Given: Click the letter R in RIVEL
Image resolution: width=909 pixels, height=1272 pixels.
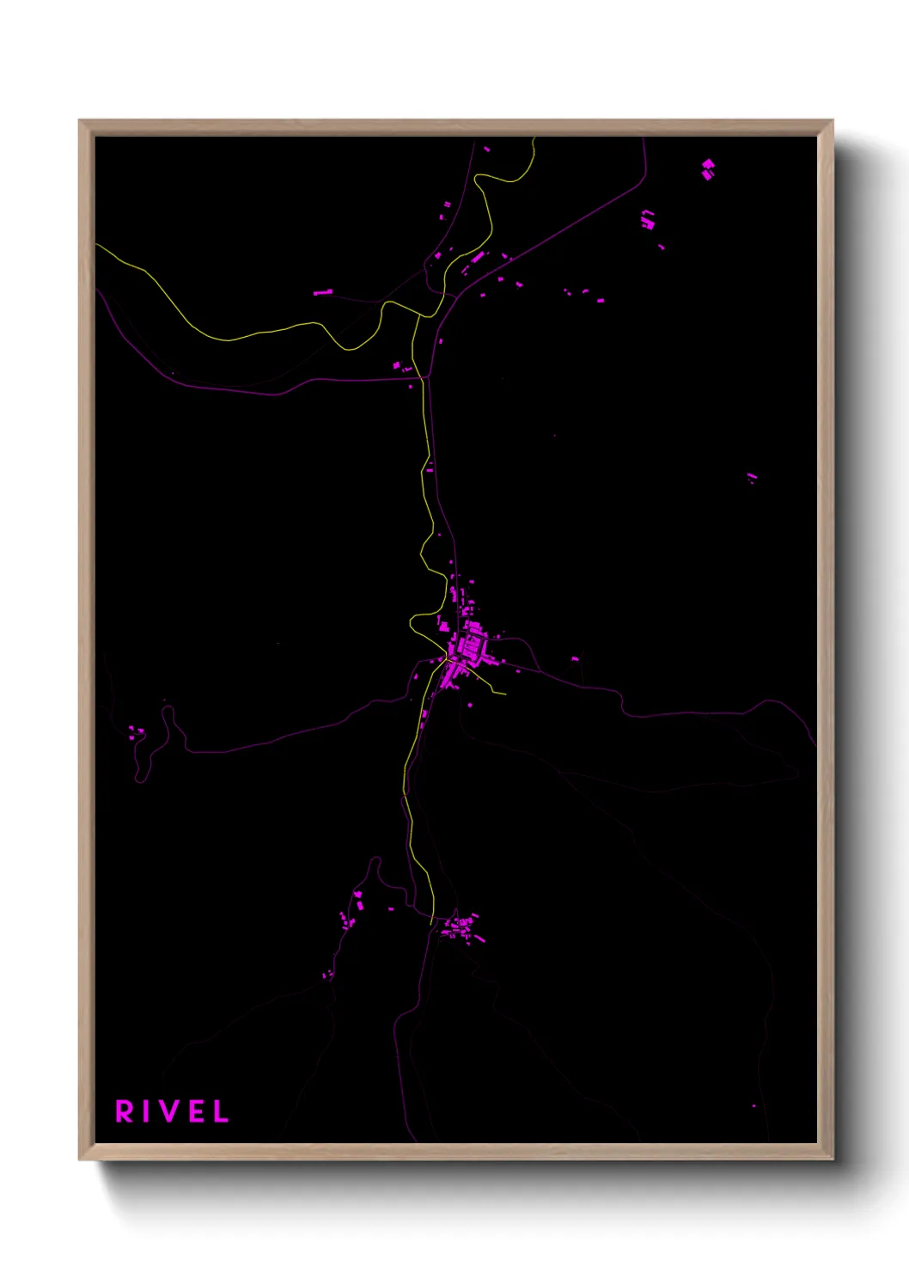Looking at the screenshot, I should pyautogui.click(x=125, y=1111).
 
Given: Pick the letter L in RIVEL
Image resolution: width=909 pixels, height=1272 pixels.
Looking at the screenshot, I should pyautogui.click(x=221, y=1111).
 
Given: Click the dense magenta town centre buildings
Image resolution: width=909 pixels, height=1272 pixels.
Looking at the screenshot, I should pyautogui.click(x=470, y=645).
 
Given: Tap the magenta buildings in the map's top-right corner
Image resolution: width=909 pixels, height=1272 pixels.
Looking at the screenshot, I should pyautogui.click(x=708, y=168).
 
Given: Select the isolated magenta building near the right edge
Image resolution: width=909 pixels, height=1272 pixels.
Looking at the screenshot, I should pyautogui.click(x=752, y=476).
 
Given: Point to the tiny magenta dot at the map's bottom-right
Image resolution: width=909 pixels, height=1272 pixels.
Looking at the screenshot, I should pyautogui.click(x=753, y=1106).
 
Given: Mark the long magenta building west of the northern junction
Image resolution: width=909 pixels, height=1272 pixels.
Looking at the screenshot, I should pyautogui.click(x=322, y=293).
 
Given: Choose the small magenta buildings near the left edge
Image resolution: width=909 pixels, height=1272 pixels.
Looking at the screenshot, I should pyautogui.click(x=136, y=732).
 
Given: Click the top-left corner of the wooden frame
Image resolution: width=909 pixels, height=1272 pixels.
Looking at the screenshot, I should pyautogui.click(x=81, y=122).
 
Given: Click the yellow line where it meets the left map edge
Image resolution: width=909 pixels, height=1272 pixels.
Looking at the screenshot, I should pyautogui.click(x=96, y=245).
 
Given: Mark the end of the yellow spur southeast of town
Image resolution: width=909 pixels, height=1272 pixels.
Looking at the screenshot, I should pyautogui.click(x=505, y=694).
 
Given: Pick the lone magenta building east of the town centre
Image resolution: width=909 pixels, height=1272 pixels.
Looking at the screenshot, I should pyautogui.click(x=575, y=659).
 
